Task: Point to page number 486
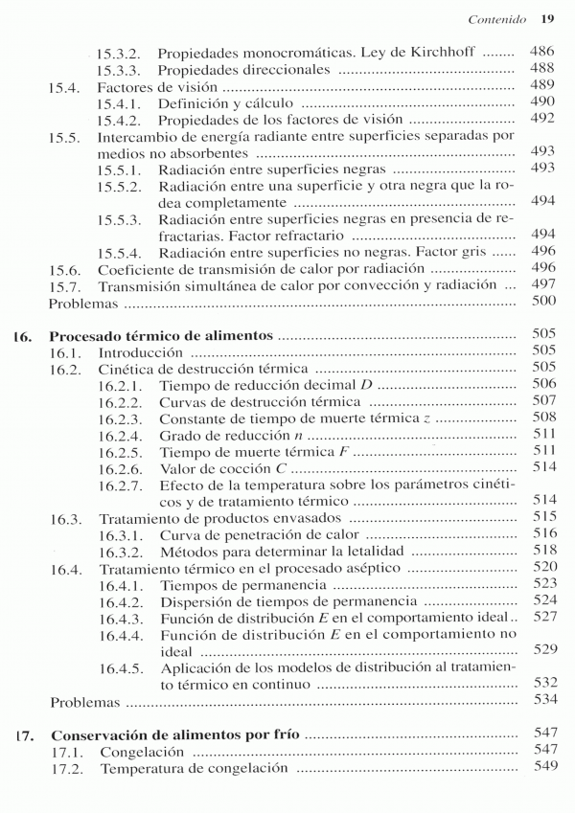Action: tap(542, 52)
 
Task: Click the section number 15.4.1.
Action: tap(120, 102)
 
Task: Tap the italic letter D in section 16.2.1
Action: tap(367, 384)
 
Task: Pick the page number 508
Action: tap(542, 418)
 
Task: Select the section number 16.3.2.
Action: tap(120, 552)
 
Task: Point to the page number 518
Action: tap(542, 552)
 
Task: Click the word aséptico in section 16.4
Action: tap(374, 568)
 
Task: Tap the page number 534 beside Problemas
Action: tap(542, 702)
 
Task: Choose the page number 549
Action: tap(542, 768)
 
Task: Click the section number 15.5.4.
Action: tap(120, 254)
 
